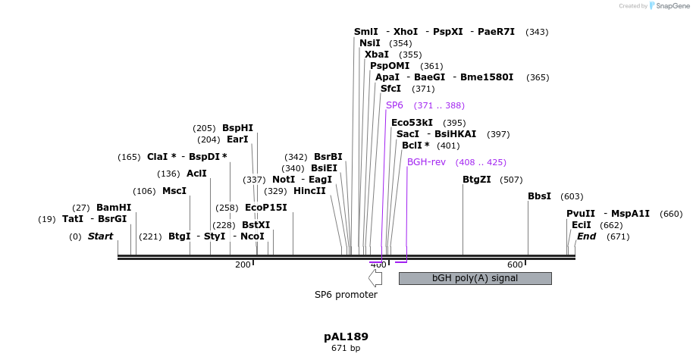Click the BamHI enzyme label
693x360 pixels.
(113, 208)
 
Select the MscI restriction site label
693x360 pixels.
(174, 191)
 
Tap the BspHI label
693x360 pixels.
(237, 128)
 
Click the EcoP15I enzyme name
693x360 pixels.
(266, 208)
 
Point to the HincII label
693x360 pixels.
(309, 191)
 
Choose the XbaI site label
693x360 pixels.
(377, 55)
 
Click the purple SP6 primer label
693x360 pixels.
(394, 105)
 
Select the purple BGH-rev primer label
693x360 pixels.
(426, 162)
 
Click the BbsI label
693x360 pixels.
(539, 196)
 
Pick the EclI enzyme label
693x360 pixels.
(582, 225)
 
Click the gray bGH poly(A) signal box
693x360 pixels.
(475, 278)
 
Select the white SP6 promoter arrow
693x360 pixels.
(375, 277)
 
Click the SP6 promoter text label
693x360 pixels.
(346, 294)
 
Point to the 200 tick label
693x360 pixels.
(243, 265)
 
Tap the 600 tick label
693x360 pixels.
(515, 265)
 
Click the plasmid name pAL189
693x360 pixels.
(346, 336)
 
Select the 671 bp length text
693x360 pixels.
(346, 349)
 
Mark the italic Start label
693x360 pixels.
(100, 236)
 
